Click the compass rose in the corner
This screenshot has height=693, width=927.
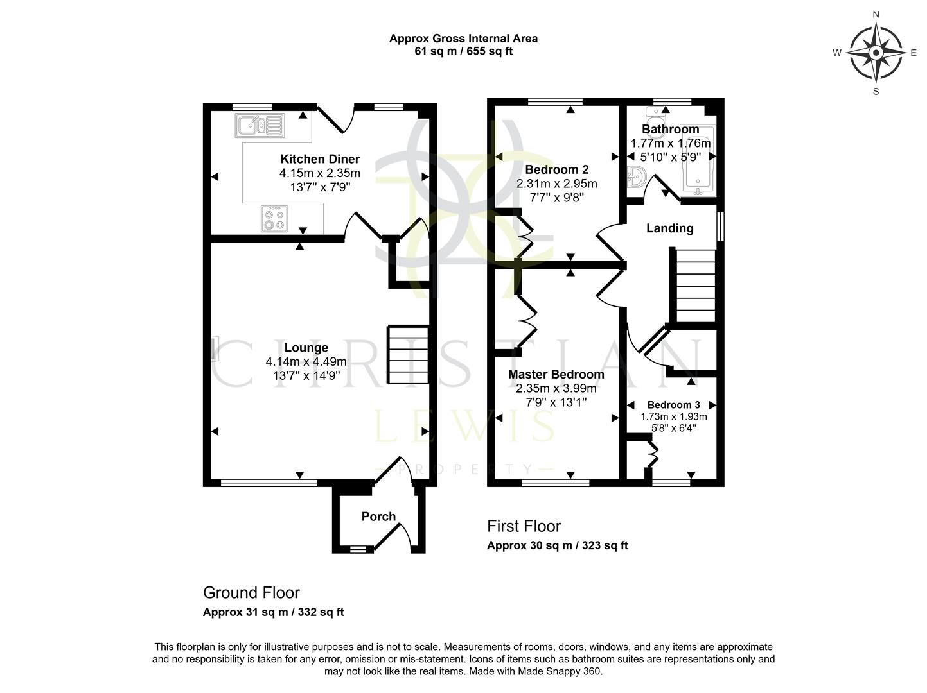point(875,53)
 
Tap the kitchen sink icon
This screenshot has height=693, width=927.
point(260,124)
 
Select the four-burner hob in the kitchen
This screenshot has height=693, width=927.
point(275,218)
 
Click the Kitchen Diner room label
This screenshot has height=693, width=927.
point(319,159)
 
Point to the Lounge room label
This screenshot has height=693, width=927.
point(306,348)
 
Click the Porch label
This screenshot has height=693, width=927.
point(378,517)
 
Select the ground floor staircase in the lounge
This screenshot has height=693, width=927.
point(407,355)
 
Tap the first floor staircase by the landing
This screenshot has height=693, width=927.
point(694,286)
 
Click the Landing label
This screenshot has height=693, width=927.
point(669,228)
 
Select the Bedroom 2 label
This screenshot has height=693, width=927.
point(556,170)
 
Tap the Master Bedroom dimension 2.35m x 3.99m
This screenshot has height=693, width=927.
point(556,388)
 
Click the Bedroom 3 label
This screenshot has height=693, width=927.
point(673,405)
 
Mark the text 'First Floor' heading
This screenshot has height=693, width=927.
point(524,526)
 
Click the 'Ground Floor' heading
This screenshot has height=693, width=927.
point(251,592)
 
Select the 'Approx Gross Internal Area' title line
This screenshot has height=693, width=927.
point(463,38)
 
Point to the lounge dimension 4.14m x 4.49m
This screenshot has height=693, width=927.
point(306,362)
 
